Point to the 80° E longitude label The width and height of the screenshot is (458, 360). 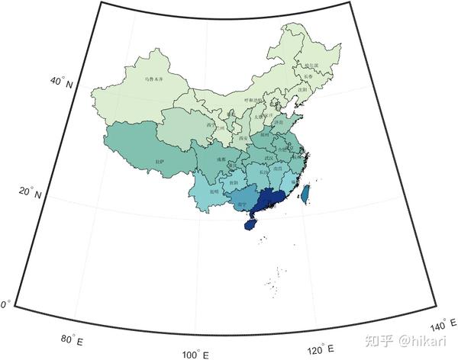click(x=71, y=339)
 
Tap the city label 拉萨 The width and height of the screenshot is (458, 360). click(x=160, y=161)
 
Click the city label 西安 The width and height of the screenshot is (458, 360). click(x=244, y=138)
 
